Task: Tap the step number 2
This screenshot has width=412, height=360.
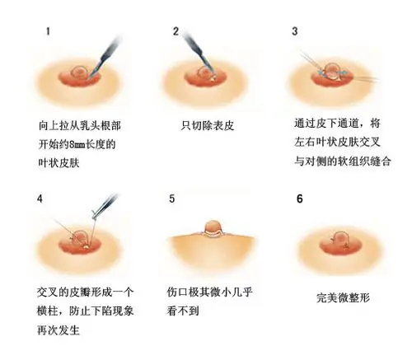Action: coord(176,32)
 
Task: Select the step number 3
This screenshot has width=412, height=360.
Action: coord(295,32)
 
